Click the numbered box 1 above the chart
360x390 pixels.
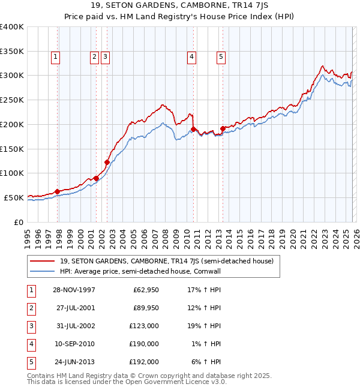(55, 57)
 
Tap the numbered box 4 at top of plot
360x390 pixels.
(191, 57)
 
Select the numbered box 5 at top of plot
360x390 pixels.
(221, 57)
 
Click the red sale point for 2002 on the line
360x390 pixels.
(107, 162)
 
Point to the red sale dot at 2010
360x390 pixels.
(193, 129)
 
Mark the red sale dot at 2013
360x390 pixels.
(223, 128)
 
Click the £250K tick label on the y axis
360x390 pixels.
(12, 100)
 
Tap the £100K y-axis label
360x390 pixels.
(12, 173)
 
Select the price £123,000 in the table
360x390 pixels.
(144, 326)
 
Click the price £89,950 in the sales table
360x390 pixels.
(146, 308)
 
